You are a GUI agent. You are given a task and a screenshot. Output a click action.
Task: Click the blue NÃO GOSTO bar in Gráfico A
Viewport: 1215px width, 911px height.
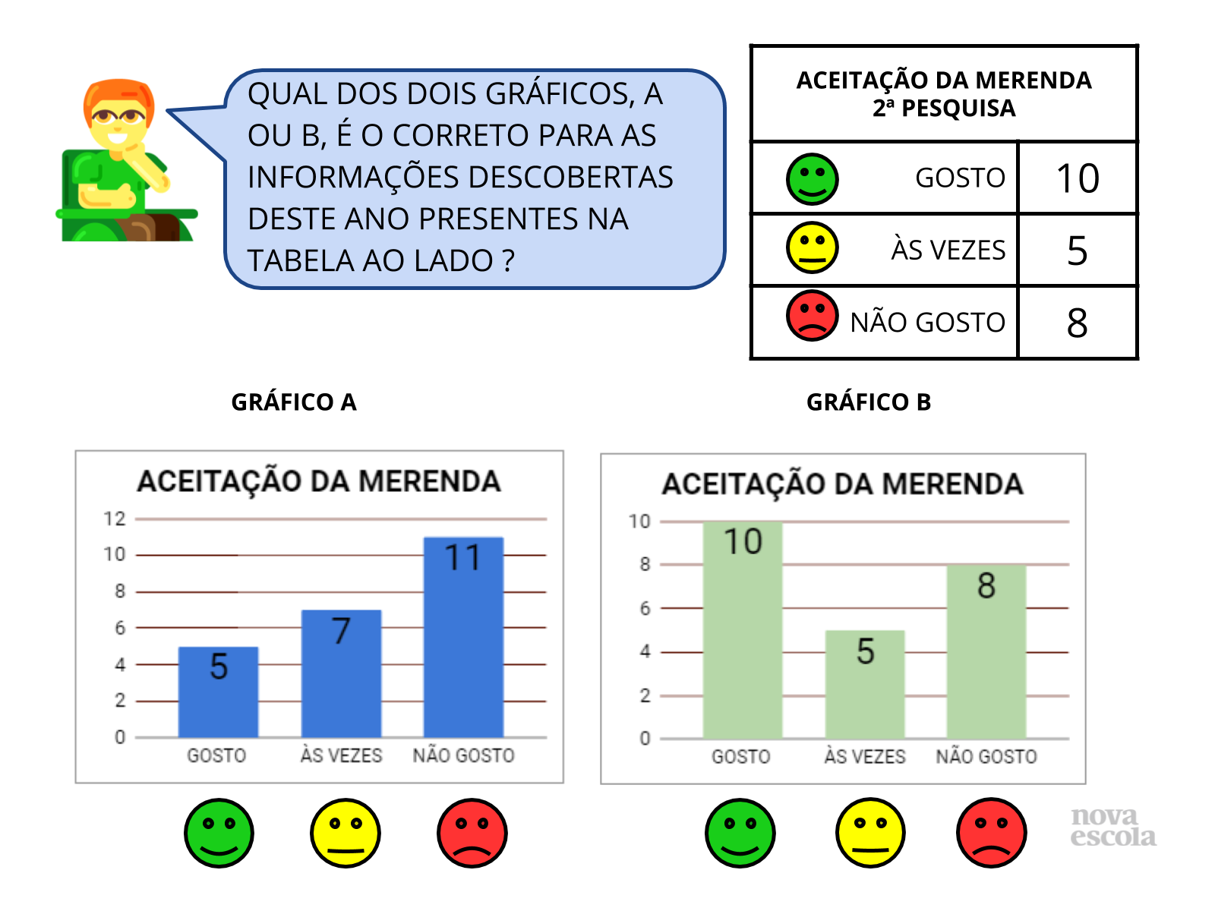tap(463, 638)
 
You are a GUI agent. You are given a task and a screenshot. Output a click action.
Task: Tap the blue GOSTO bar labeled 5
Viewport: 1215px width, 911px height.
tap(218, 692)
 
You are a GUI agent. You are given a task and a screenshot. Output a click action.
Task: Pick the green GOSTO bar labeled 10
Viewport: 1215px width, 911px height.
tap(742, 630)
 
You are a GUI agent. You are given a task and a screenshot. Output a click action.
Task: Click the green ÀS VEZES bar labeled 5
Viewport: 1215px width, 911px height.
tap(865, 684)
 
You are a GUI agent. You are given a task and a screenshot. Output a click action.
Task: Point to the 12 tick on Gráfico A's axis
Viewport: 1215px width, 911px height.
tap(115, 519)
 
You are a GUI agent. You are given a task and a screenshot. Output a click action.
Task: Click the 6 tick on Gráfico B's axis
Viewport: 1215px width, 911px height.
tap(645, 608)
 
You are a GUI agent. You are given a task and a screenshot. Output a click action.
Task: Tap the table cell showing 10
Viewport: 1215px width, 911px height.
tap(1077, 178)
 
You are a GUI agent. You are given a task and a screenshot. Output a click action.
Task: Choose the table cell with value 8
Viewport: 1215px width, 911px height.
tap(1077, 323)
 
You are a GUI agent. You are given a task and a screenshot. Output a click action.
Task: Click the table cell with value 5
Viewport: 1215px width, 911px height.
tap(1077, 251)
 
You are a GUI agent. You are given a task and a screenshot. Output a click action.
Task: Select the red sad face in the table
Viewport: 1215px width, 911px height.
tap(812, 316)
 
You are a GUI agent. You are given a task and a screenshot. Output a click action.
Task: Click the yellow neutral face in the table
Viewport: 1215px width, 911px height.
tap(812, 247)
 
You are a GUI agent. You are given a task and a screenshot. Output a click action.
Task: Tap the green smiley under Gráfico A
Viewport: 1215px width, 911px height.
tap(219, 833)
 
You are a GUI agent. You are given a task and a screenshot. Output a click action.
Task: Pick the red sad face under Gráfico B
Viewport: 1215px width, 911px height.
tap(991, 833)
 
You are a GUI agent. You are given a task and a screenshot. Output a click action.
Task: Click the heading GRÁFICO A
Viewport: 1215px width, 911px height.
tap(294, 402)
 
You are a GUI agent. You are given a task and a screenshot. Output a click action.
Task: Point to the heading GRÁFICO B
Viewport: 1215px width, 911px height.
tap(868, 402)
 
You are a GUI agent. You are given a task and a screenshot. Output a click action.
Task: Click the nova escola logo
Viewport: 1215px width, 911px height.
tap(1112, 827)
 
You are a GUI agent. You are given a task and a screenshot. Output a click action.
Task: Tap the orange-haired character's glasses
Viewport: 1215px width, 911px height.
tap(118, 117)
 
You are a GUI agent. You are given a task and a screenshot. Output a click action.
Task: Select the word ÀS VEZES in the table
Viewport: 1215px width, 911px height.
tap(948, 250)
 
